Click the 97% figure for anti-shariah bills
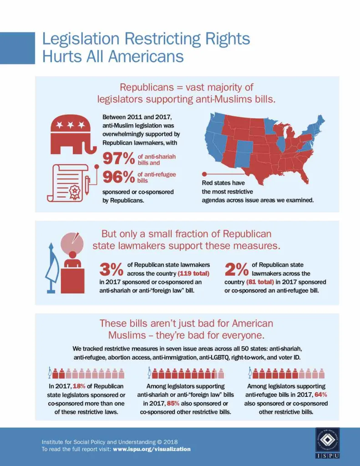(118, 158)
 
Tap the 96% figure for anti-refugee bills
(118, 177)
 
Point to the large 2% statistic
(237, 269)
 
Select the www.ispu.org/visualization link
(152, 449)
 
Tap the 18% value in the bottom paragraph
(86, 386)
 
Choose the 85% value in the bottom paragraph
(173, 403)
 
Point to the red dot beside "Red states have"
(204, 174)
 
